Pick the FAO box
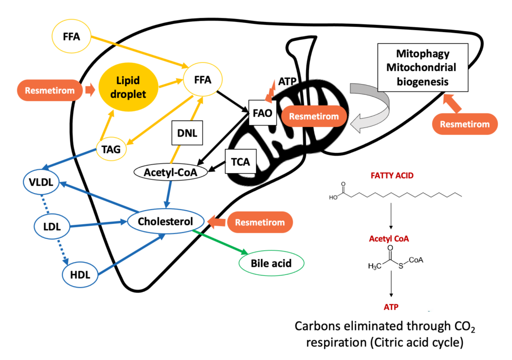point(262,113)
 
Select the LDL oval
point(51,226)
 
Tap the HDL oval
point(79,274)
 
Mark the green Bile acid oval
point(271,263)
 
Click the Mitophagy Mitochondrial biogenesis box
point(422,66)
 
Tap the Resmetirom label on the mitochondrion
point(314,116)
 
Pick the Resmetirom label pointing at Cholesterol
point(259,222)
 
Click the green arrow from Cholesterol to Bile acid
point(222,242)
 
